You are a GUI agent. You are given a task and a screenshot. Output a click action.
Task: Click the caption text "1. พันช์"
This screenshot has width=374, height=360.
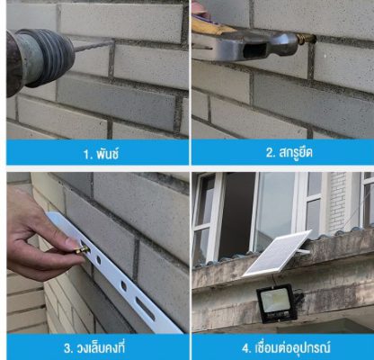click(102, 154)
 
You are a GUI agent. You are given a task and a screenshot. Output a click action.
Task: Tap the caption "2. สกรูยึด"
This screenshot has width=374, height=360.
click(289, 153)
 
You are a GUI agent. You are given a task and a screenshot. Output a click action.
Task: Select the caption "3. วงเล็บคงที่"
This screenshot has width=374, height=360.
click(94, 348)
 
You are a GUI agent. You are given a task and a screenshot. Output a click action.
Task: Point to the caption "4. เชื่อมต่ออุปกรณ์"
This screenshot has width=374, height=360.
click(286, 348)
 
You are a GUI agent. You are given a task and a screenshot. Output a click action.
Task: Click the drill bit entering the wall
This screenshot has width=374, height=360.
click(93, 46)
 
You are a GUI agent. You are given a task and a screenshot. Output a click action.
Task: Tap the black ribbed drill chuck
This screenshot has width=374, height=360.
click(45, 57)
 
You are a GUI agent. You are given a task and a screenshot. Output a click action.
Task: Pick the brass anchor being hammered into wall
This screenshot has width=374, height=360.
click(307, 39)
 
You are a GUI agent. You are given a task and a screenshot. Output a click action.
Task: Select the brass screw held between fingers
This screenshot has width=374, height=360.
click(82, 249)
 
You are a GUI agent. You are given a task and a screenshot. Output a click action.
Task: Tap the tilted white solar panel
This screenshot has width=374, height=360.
click(276, 254)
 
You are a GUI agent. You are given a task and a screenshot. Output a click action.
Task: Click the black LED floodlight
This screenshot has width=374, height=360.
click(276, 303)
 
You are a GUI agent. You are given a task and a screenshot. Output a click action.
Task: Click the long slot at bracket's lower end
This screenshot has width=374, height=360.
click(146, 309)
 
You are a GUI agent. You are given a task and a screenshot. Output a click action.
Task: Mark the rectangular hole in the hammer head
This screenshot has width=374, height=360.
click(254, 48)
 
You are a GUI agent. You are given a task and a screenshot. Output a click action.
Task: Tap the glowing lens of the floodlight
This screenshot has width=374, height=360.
click(275, 300)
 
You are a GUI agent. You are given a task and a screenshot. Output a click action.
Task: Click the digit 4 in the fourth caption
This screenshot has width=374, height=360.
click(245, 348)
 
